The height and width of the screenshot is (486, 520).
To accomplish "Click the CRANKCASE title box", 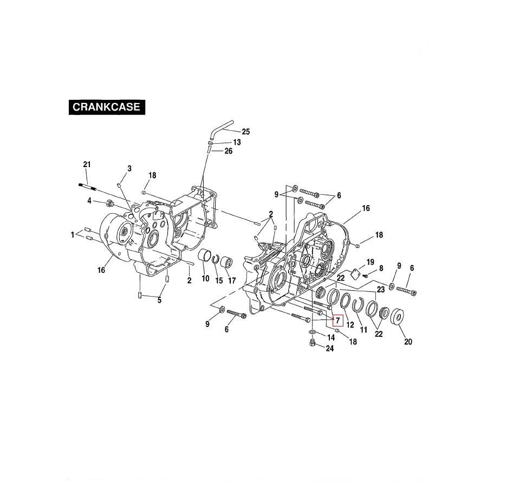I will click(106, 107).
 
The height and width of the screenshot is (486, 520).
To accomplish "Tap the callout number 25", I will click(245, 132).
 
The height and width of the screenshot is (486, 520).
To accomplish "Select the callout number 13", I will click(237, 142).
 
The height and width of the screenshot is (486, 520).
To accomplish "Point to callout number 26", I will click(229, 151).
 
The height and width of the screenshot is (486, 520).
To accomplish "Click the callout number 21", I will click(87, 164).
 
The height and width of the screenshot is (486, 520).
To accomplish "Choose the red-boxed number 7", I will click(337, 320).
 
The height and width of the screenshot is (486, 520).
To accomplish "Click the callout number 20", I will click(408, 342).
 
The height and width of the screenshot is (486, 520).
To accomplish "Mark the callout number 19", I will click(370, 263).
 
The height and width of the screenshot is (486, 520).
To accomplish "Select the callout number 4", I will click(89, 201).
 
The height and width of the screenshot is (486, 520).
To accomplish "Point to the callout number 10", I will click(205, 279).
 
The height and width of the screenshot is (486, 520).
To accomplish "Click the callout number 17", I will click(232, 280).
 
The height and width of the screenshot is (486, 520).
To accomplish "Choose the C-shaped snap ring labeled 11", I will click(358, 305).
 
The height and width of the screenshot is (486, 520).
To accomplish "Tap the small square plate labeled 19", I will click(355, 274).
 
